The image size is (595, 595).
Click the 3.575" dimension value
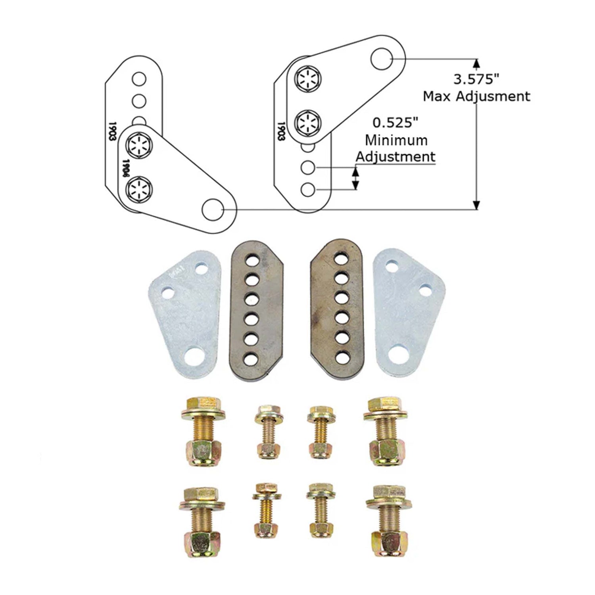pyautogui.click(x=476, y=79)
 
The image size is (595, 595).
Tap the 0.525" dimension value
pyautogui.click(x=395, y=123)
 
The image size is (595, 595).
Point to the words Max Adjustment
pyautogui.click(x=476, y=96)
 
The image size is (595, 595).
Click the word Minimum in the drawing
pyautogui.click(x=396, y=140)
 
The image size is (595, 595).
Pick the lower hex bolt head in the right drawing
pyautogui.click(x=308, y=121)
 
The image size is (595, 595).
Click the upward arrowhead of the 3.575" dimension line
pyautogui.click(x=476, y=63)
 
